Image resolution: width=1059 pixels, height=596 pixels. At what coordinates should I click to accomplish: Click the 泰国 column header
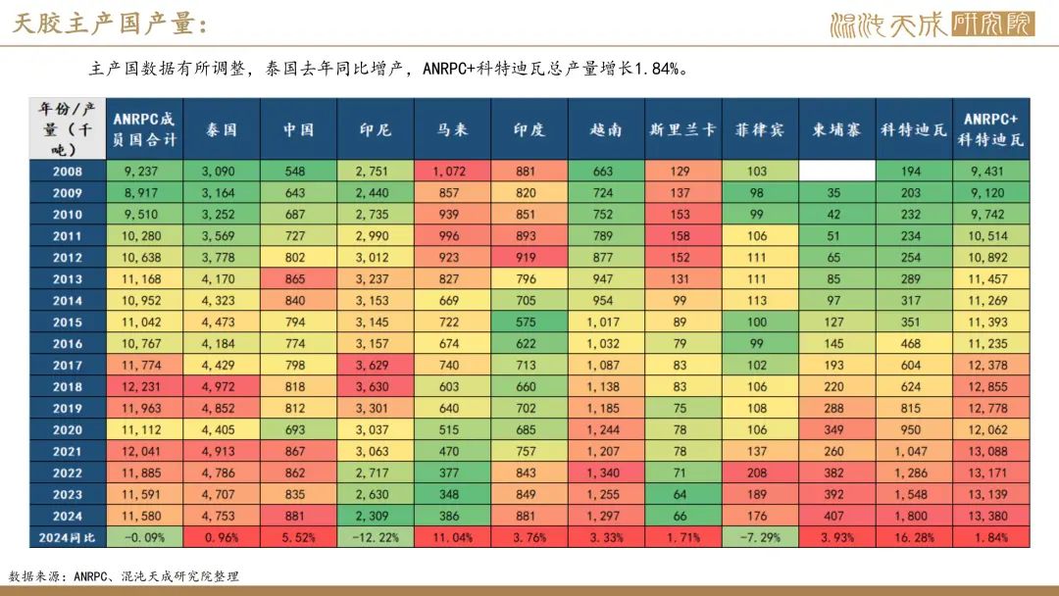point(220,129)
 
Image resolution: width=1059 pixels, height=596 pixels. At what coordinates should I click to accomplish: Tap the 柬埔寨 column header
point(835,129)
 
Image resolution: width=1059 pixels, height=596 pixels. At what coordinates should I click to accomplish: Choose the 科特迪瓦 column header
point(913,129)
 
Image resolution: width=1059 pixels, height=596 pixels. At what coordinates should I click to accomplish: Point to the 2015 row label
point(67,323)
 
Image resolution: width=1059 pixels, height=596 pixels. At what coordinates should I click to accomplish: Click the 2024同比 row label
point(67,537)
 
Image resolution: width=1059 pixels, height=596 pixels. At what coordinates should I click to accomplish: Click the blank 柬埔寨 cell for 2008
point(835,172)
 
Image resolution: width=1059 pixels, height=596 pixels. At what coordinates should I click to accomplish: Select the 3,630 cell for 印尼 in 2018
point(374,387)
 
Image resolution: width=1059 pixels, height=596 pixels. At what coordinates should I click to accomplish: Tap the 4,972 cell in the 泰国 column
point(220,387)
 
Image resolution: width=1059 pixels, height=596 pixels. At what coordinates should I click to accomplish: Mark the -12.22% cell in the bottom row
point(374,537)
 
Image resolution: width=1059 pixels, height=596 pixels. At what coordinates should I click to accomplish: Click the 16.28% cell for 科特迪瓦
point(913,537)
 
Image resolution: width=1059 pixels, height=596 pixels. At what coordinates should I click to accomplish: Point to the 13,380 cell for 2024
point(990,516)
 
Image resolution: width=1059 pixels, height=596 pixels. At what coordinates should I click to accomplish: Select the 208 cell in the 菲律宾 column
point(758,472)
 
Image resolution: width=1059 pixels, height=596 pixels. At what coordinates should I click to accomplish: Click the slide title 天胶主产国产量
point(110,24)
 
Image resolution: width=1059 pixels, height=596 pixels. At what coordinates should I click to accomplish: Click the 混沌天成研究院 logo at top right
point(932,24)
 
